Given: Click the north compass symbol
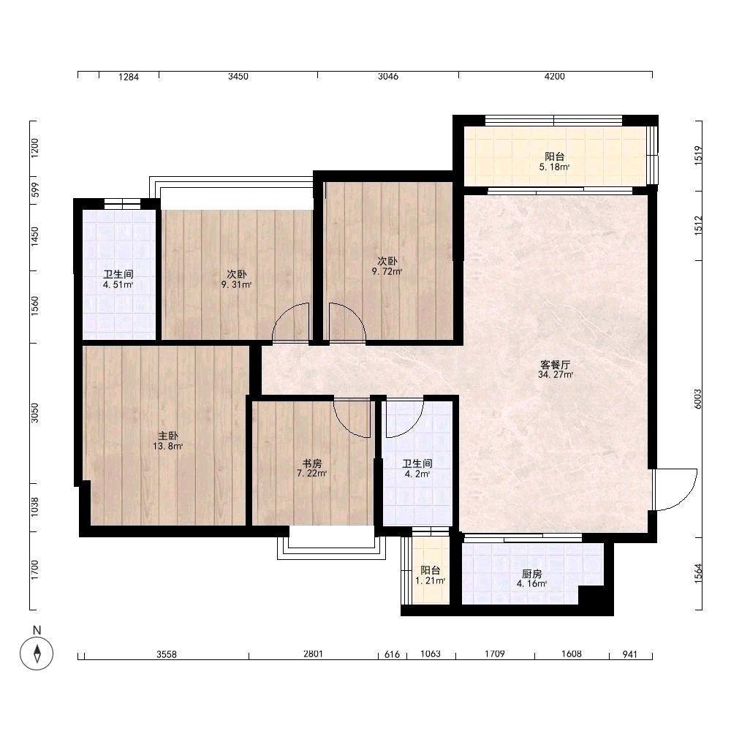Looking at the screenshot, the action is [x=37, y=653].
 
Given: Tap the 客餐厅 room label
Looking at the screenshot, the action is [x=556, y=365].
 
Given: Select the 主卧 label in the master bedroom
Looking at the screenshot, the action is [x=168, y=436].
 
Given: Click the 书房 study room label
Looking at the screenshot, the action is [x=312, y=463].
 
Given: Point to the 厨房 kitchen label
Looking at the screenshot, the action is [x=532, y=574].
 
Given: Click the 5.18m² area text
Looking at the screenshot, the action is [x=554, y=167].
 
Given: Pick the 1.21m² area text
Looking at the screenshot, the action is [x=431, y=581].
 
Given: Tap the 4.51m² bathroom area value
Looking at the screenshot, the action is [x=118, y=285].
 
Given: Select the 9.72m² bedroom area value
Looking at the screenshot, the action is [x=387, y=271].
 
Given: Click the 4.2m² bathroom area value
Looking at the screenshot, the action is [x=417, y=474].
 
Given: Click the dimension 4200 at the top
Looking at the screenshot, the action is [x=554, y=77].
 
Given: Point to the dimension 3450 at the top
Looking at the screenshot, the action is [x=238, y=77].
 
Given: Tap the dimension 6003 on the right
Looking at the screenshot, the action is [x=698, y=399].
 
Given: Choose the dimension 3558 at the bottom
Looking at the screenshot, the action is [x=167, y=654].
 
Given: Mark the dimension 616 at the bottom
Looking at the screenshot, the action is [x=392, y=654].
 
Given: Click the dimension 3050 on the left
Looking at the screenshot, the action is [x=35, y=413].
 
